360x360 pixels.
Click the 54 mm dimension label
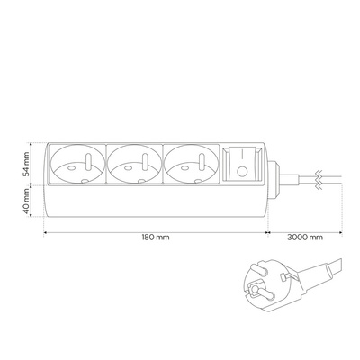point(26,164)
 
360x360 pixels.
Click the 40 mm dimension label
point(26,201)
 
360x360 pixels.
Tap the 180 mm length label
point(156,238)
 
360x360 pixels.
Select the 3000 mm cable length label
point(305,238)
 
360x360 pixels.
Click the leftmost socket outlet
point(77,164)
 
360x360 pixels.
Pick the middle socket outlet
point(134,164)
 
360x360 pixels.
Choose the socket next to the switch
point(192,164)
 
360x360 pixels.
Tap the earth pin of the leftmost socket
point(89,162)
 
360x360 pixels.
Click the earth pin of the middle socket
point(145,162)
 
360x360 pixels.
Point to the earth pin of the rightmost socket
point(202,162)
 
